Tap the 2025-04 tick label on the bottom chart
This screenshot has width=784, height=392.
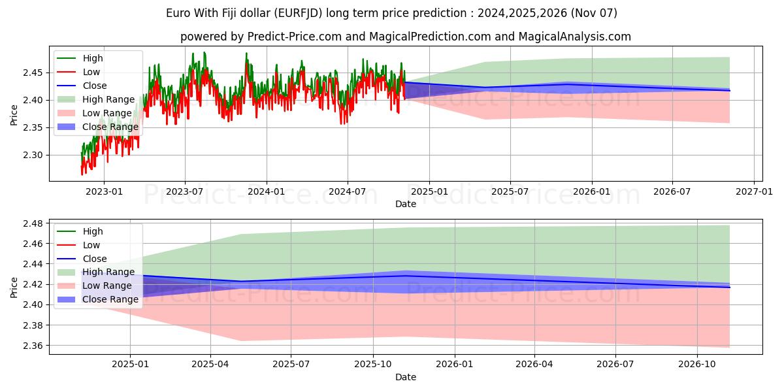(x=210, y=365)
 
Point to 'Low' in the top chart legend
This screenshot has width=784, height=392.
(x=91, y=72)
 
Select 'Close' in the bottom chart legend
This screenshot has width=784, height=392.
(x=95, y=259)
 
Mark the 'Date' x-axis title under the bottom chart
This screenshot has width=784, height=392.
(x=405, y=377)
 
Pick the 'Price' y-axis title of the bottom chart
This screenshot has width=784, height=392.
(x=14, y=287)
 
